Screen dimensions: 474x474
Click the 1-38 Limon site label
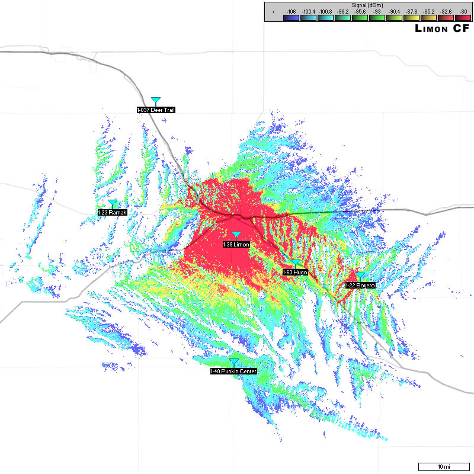coord(236,244)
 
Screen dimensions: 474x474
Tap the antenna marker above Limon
coord(236,235)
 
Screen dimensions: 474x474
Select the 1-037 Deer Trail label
coord(156,110)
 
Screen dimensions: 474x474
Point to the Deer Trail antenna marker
coord(156,101)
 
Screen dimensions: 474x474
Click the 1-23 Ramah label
coord(113,212)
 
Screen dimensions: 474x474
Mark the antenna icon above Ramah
coord(113,203)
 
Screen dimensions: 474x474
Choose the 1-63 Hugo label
coord(295,272)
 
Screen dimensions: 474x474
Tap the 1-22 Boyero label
coord(360,285)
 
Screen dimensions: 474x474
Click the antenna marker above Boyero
coord(360,276)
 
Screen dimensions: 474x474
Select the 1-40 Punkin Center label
coord(234,371)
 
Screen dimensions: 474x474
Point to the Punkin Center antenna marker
coord(234,362)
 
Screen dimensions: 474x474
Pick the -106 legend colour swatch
coord(290,18)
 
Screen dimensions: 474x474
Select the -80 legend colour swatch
coord(463,18)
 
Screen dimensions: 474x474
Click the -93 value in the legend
coord(376,11)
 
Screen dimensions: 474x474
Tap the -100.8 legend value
coord(325,11)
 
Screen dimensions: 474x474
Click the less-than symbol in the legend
coord(273,11)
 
